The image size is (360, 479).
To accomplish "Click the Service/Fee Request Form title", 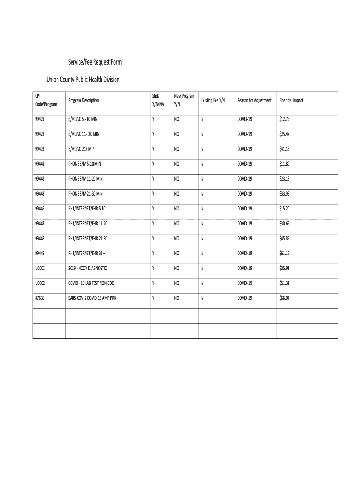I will (88, 63).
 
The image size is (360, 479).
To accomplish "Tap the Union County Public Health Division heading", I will (83, 80).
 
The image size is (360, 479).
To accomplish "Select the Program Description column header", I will (83, 100).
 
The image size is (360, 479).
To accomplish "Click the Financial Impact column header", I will (291, 100).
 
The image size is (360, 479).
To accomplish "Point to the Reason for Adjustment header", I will (254, 100).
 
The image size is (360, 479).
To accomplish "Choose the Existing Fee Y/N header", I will (213, 100).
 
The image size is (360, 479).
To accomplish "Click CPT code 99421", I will (40, 119).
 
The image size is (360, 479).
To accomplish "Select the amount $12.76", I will (284, 119).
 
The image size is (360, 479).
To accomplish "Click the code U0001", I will (41, 269).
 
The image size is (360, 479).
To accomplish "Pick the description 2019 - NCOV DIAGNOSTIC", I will (87, 269).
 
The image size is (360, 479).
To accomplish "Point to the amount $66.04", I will (284, 298).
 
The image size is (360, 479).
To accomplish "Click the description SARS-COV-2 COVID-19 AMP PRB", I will (92, 298).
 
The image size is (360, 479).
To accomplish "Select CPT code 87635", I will (40, 298).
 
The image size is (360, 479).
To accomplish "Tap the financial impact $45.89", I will (284, 239).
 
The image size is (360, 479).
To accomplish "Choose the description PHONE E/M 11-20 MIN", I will (86, 179).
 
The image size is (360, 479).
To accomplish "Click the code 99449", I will (40, 254).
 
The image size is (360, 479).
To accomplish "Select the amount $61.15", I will (284, 254).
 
